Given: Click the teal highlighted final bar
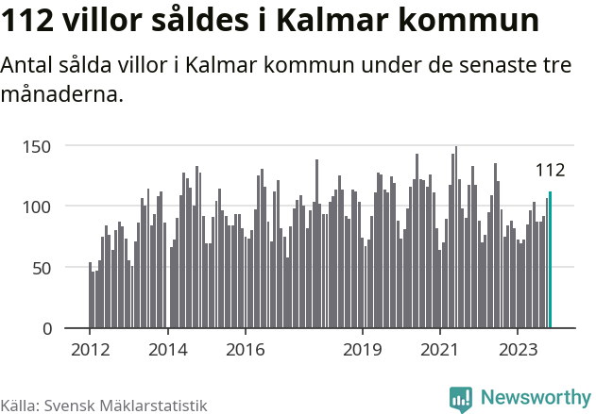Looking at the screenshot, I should point(550,260).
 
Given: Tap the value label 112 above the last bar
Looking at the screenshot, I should point(550,171).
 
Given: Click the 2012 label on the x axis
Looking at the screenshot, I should point(90,349).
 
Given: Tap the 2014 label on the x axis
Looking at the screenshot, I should point(167,349).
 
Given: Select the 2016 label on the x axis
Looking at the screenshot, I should point(245,349).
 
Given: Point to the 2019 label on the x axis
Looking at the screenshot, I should point(362,349).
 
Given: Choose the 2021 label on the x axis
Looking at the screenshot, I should point(439,349).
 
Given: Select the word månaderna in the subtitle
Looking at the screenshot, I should point(62,95).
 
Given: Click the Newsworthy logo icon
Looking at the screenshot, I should point(461,399).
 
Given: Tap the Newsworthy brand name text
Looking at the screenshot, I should point(535,399).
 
